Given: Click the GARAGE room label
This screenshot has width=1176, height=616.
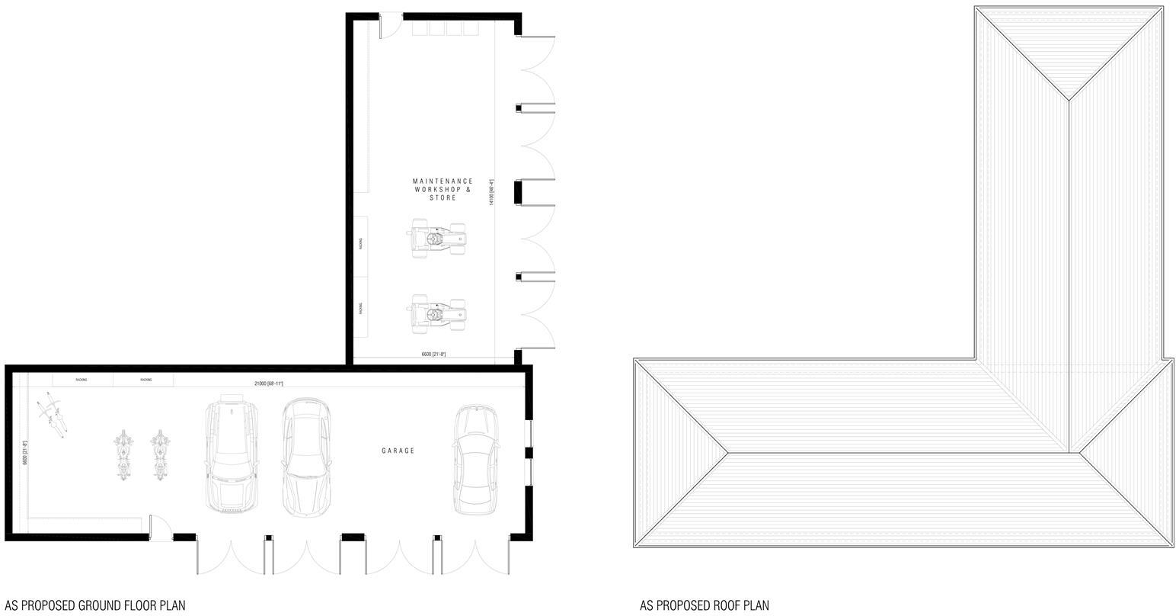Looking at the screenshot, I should pos(398,451).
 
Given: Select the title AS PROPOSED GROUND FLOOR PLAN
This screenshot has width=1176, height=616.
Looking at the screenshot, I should pos(94,605).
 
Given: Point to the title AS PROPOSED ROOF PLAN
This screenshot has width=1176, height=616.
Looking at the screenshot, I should pos(704,605).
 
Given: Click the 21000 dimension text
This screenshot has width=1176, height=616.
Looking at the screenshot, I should pos(268,383).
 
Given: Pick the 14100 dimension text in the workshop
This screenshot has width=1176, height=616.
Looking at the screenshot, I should pos(491,192).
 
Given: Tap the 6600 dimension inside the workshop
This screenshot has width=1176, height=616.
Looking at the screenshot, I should pos(433,355).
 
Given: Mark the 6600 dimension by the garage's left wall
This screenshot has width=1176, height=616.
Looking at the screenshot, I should pos(25,453).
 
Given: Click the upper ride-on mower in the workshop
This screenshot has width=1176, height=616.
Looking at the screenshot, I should pos(438,239).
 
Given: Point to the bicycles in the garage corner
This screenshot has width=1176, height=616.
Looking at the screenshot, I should pos(53,412).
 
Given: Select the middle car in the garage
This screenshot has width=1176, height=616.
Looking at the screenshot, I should pos(306,456).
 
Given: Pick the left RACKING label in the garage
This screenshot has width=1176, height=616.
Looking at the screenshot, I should pos(81,380).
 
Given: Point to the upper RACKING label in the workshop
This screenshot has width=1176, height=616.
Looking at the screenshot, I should pos(361,243).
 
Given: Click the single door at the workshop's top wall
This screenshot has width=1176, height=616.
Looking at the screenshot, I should pos(390,24).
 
